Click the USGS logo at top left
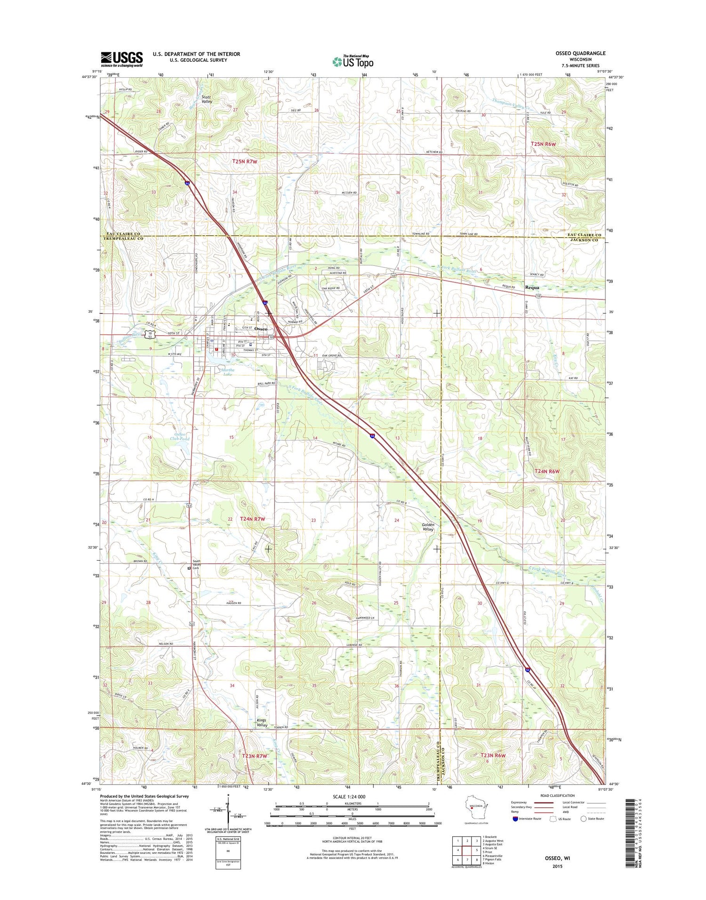[121, 59]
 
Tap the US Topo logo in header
[353, 61]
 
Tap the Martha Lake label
[227, 372]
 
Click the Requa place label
[532, 287]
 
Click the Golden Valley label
[428, 527]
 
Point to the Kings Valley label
[262, 723]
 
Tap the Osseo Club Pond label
[181, 436]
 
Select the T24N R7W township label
[253, 519]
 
